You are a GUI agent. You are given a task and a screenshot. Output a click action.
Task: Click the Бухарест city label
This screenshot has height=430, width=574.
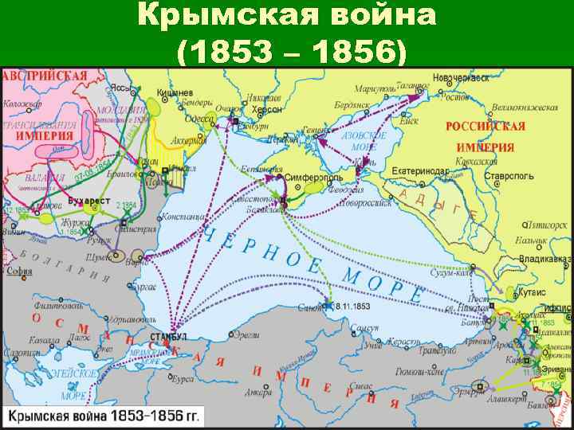(x=88, y=192)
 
